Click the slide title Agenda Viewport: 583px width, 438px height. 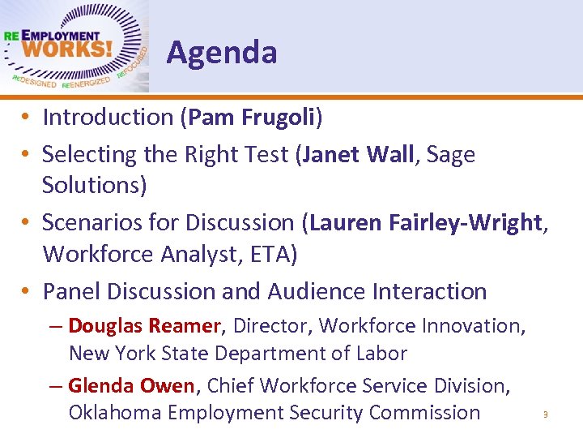coord(222,54)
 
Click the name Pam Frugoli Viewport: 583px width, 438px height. coord(251,118)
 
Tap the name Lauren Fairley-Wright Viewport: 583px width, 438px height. coord(427,222)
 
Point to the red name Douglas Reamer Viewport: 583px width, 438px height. coord(144,326)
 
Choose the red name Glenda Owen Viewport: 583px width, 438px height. coord(130,385)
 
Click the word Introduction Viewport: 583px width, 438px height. coord(108,118)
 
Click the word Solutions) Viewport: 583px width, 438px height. coord(95,185)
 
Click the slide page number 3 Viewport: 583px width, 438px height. coord(546,415)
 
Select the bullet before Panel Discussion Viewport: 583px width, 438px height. coord(27,290)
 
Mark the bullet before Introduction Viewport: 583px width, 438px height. coord(27,118)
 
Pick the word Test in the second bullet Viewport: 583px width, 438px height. coord(262,154)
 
